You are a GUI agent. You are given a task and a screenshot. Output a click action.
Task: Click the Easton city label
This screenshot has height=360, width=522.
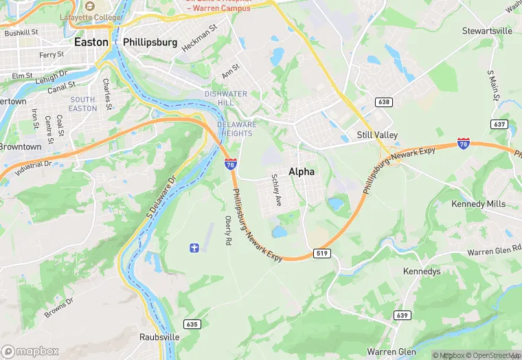pyautogui.click(x=91, y=42)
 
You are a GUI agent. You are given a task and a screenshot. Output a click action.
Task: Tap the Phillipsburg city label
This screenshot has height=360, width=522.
pyautogui.click(x=150, y=42)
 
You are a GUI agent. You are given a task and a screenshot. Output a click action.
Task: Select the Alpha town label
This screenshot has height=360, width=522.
pyautogui.click(x=302, y=172)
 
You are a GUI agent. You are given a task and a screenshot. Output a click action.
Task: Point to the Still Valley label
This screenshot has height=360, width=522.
pyautogui.click(x=377, y=135)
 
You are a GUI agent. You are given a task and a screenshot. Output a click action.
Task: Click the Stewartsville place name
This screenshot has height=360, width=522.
pyautogui.click(x=487, y=31)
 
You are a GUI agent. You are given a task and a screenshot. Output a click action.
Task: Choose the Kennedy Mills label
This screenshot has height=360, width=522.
pyautogui.click(x=478, y=204)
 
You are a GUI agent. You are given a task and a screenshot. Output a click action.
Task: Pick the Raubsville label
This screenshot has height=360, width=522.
pyautogui.click(x=159, y=337)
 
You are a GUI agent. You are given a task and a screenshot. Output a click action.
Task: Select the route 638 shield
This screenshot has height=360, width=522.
pyautogui.click(x=384, y=102)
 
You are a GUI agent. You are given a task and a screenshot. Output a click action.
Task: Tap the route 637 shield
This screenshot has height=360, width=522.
pyautogui.click(x=499, y=124)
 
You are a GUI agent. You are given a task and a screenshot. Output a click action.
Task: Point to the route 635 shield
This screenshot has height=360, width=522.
pyautogui.click(x=192, y=324)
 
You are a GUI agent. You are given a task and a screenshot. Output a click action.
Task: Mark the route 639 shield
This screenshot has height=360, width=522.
pyautogui.click(x=402, y=315)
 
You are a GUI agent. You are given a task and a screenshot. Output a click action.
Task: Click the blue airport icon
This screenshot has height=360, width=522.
pyautogui.click(x=194, y=247)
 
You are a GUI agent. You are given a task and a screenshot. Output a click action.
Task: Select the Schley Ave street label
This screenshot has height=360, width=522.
pyautogui.click(x=277, y=191)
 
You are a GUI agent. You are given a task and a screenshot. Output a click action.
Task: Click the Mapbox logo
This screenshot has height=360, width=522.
pyautogui.click(x=30, y=351)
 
